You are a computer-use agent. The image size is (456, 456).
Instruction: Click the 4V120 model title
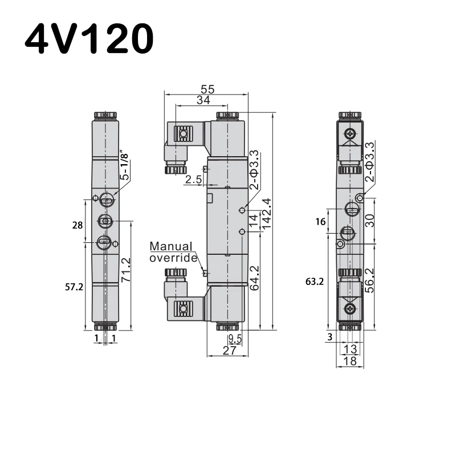pyautogui.click(x=89, y=38)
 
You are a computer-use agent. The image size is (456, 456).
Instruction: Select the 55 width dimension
pyautogui.click(x=207, y=89)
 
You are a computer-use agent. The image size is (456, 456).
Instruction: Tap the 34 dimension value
pyautogui.click(x=203, y=100)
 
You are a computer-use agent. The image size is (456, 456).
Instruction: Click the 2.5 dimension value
pyautogui.click(x=193, y=180)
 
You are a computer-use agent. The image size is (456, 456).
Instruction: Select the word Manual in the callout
pyautogui.click(x=170, y=246)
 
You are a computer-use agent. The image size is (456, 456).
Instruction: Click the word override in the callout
pyautogui.click(x=173, y=258)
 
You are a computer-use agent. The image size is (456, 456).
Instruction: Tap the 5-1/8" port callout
pyautogui.click(x=124, y=165)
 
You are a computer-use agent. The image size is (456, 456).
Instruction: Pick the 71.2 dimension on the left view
pyautogui.click(x=126, y=270)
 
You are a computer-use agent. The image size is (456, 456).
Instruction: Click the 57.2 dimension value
pyautogui.click(x=74, y=287)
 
